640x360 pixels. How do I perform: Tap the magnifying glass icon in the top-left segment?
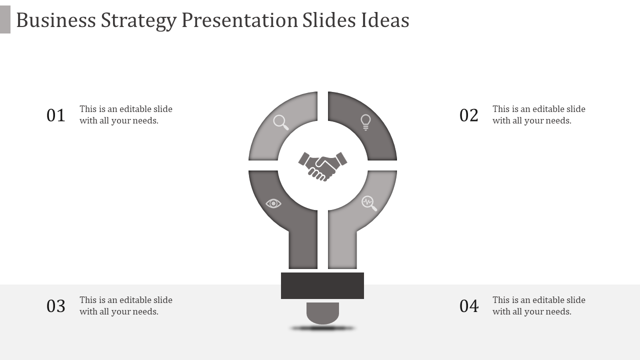coord(281,122)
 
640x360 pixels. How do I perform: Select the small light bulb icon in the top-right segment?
coord(365,122)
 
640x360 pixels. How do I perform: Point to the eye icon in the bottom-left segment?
coord(273,203)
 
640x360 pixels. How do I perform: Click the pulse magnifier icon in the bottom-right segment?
coord(369,203)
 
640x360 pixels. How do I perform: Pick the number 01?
coord(56,115)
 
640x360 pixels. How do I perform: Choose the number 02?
coord(469,115)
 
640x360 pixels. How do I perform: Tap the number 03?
coord(56,306)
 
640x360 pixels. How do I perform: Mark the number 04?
coord(469,306)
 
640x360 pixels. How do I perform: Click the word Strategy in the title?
coord(138,21)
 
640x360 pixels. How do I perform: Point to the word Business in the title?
coord(56,20)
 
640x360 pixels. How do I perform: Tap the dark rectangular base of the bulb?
coord(322,285)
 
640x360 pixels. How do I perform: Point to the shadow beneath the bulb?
coord(322,328)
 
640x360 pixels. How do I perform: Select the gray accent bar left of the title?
coord(5,19)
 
